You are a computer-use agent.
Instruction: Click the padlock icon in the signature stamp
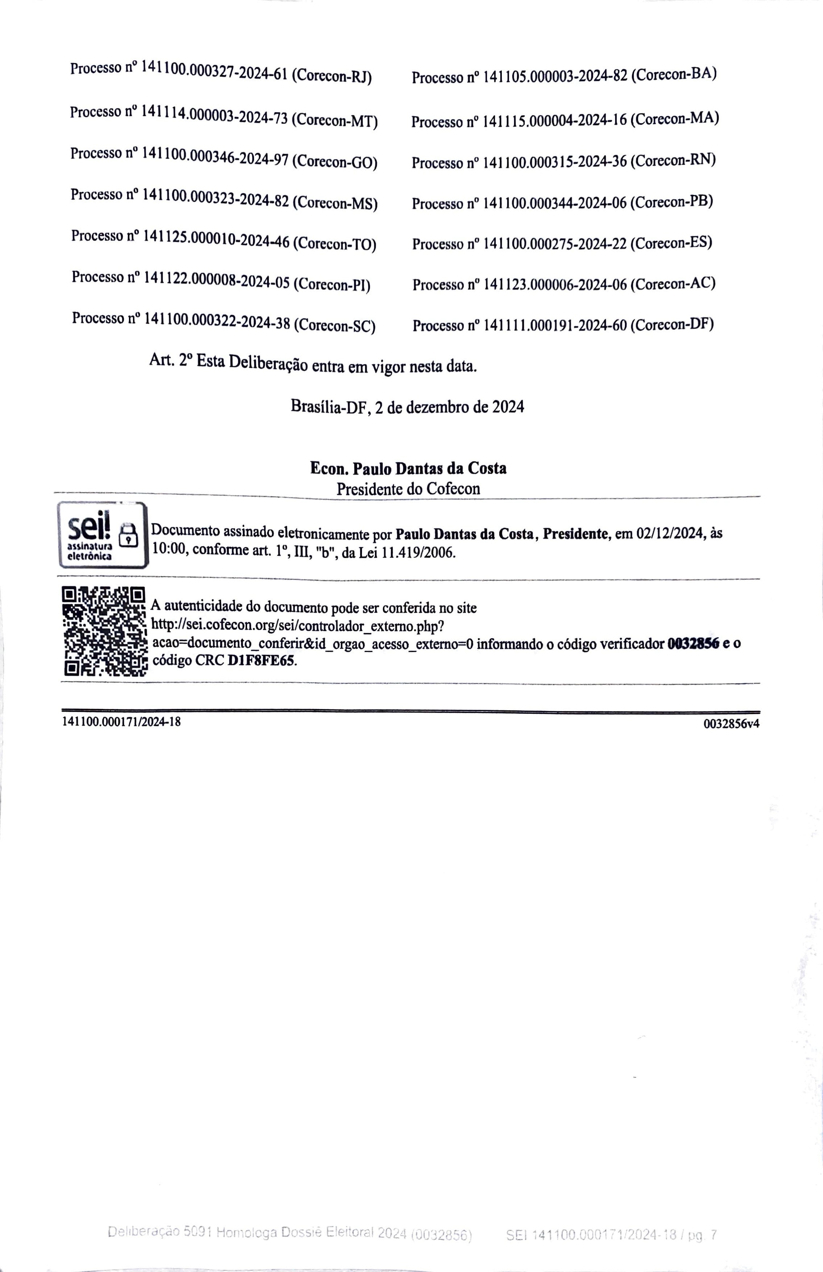(128, 535)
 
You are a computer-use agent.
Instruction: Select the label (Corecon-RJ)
(331, 76)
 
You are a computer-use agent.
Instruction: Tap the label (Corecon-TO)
(335, 244)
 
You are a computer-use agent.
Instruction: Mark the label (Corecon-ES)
(671, 243)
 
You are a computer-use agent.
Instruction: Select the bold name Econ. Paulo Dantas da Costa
(408, 468)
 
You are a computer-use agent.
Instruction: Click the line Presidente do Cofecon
(408, 488)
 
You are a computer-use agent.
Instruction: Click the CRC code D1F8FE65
(261, 661)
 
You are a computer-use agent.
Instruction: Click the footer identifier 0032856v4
(731, 724)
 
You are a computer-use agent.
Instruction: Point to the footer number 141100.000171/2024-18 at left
(121, 721)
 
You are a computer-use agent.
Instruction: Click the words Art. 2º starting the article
(170, 360)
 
